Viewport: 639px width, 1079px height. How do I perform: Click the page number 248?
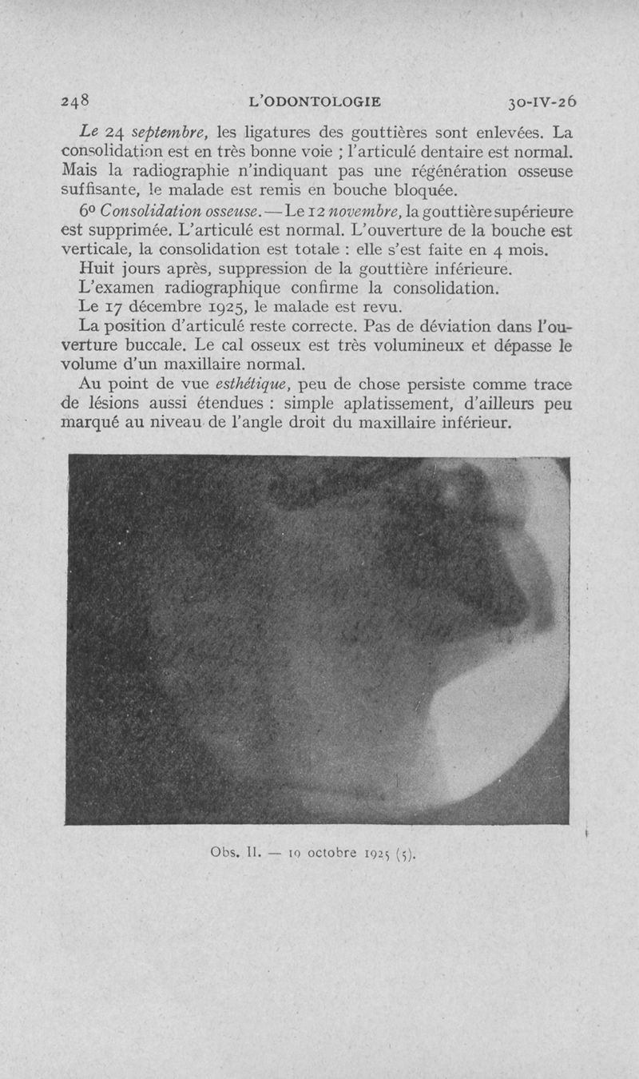click(x=77, y=102)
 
